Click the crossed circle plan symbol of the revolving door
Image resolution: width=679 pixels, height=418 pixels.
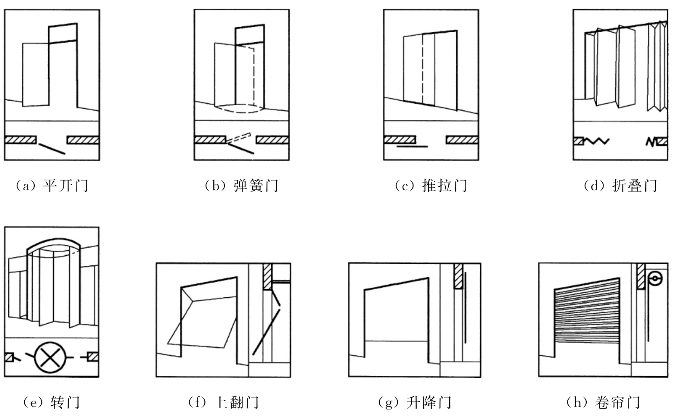(50, 356)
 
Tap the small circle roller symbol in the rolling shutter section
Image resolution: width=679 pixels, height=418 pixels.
(655, 279)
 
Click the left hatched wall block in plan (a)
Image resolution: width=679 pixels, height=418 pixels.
(20, 139)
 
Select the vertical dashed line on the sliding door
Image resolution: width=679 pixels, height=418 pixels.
(421, 70)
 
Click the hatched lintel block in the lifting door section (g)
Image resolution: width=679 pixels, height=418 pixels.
(459, 275)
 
